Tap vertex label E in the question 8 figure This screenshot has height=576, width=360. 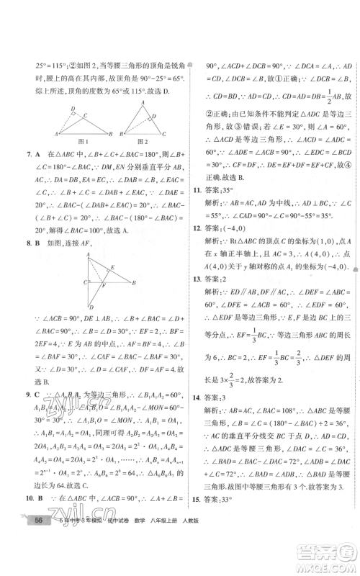click(x=111, y=266)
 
